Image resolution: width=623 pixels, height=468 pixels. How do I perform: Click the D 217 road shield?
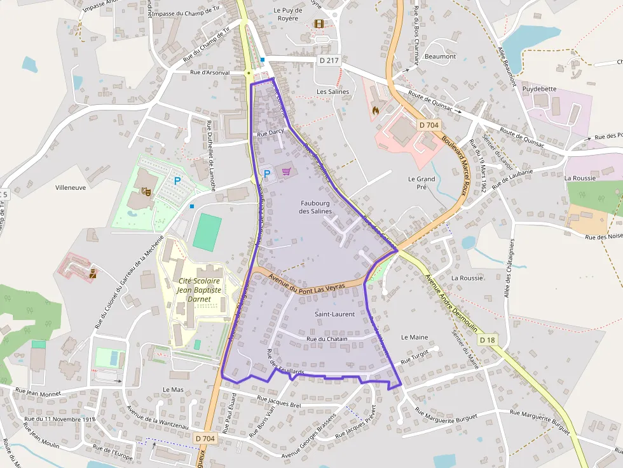pos(329,60)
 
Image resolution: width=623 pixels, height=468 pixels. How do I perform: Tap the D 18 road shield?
pos(487,340)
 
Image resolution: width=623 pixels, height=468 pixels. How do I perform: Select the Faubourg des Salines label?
pos(316,206)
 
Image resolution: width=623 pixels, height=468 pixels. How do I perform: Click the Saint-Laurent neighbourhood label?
pos(334,314)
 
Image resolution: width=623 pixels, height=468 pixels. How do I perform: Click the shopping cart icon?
pos(287,171)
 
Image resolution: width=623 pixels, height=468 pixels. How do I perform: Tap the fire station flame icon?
pos(375,110)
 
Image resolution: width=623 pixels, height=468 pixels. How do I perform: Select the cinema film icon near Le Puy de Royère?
pos(318,24)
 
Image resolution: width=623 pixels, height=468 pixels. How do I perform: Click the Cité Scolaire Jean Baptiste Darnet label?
pos(200,290)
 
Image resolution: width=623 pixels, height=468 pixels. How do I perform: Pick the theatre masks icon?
pos(146,190)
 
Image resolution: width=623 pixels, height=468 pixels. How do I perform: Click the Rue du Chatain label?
pos(327,339)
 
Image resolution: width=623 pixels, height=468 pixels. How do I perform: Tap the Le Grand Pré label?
pos(421,183)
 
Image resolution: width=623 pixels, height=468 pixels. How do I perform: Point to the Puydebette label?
pos(539,90)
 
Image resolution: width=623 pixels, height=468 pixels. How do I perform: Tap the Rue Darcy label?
pos(270,133)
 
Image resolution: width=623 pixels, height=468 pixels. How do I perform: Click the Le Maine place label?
pos(414,337)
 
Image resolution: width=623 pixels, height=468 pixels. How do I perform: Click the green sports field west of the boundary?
pos(207,232)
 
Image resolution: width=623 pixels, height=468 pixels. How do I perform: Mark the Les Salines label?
pos(333,92)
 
